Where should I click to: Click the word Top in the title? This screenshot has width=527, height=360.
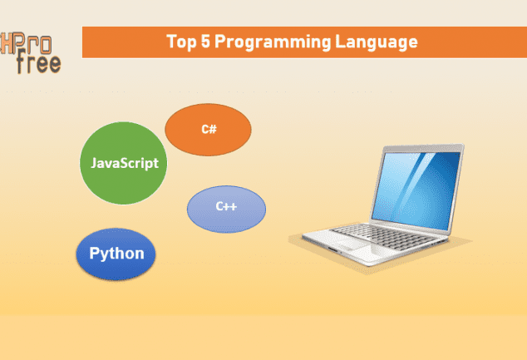[181, 42]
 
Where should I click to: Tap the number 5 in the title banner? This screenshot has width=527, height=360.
[205, 42]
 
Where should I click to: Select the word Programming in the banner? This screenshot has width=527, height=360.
[273, 42]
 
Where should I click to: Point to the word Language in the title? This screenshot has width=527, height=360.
[377, 42]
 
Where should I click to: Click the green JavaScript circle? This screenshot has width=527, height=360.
[123, 163]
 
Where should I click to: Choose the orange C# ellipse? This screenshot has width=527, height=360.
[208, 130]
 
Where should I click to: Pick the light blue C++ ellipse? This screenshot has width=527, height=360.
[226, 209]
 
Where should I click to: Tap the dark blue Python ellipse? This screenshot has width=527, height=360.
[116, 254]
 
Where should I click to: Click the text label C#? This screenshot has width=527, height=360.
[209, 129]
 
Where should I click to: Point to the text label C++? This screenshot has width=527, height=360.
[226, 206]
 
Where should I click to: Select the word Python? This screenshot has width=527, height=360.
[116, 254]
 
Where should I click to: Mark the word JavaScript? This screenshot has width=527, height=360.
[125, 163]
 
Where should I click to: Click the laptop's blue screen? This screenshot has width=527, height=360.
[416, 190]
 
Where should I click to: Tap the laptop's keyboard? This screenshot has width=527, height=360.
[384, 236]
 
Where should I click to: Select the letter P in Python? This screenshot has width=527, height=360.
[95, 253]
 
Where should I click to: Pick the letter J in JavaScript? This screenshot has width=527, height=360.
[94, 163]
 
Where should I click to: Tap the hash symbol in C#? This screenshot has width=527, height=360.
[213, 129]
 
